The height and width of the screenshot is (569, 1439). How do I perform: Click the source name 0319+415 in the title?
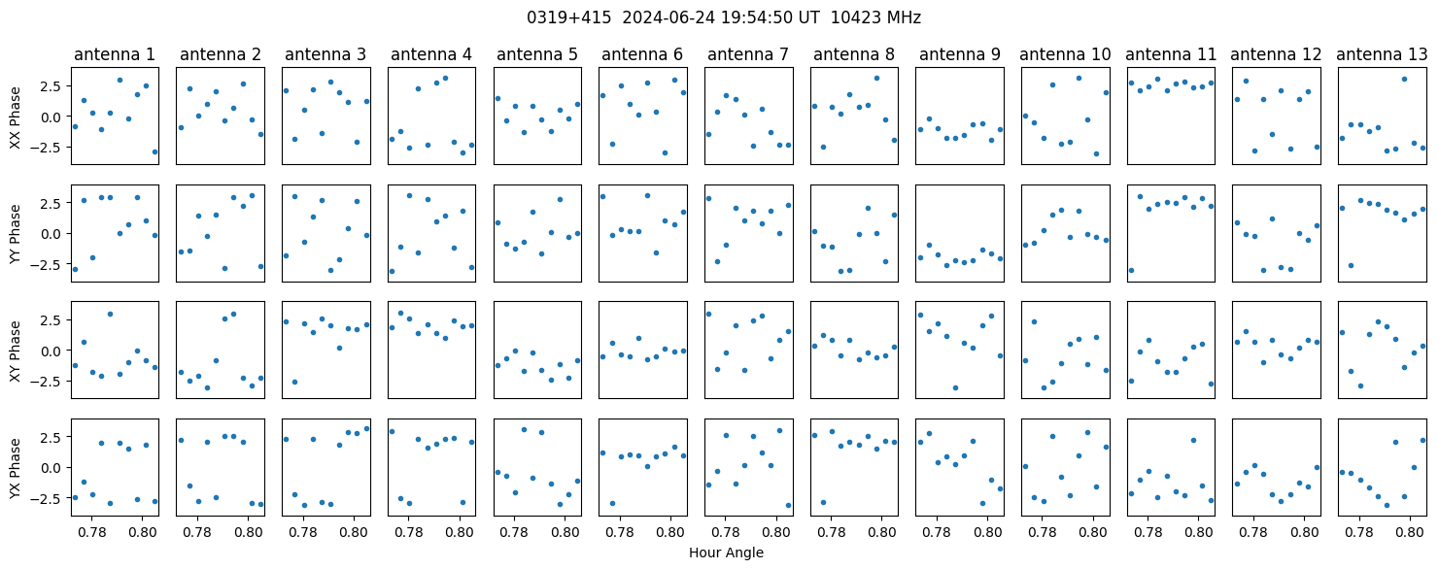click(x=568, y=17)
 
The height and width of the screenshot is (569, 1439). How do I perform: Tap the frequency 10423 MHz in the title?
click(x=875, y=17)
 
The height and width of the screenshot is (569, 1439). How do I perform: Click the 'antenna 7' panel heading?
click(x=748, y=55)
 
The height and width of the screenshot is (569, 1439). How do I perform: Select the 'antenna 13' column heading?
click(x=1381, y=55)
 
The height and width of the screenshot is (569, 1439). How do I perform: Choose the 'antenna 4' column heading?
click(x=431, y=55)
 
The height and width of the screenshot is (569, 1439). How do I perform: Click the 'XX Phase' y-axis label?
click(x=16, y=117)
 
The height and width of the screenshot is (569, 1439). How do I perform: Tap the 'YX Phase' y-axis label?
click(x=16, y=469)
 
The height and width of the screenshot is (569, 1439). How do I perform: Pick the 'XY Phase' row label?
click(x=16, y=351)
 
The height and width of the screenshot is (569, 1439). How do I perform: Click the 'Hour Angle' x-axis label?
click(x=726, y=552)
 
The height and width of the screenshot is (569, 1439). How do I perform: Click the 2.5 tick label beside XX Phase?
click(x=52, y=85)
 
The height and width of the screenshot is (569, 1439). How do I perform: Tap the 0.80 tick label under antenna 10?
click(x=1093, y=532)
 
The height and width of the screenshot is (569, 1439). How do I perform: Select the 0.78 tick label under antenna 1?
click(x=92, y=532)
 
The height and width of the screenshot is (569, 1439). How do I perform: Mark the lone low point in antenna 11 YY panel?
click(x=1131, y=270)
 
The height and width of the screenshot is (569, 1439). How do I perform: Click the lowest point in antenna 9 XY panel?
click(x=955, y=387)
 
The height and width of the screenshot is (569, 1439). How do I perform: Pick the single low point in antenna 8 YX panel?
click(x=823, y=502)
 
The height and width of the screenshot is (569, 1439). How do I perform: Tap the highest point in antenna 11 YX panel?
click(x=1193, y=440)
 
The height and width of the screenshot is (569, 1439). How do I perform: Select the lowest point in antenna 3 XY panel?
click(x=294, y=383)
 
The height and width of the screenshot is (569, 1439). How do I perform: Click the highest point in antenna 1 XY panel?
click(x=110, y=314)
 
